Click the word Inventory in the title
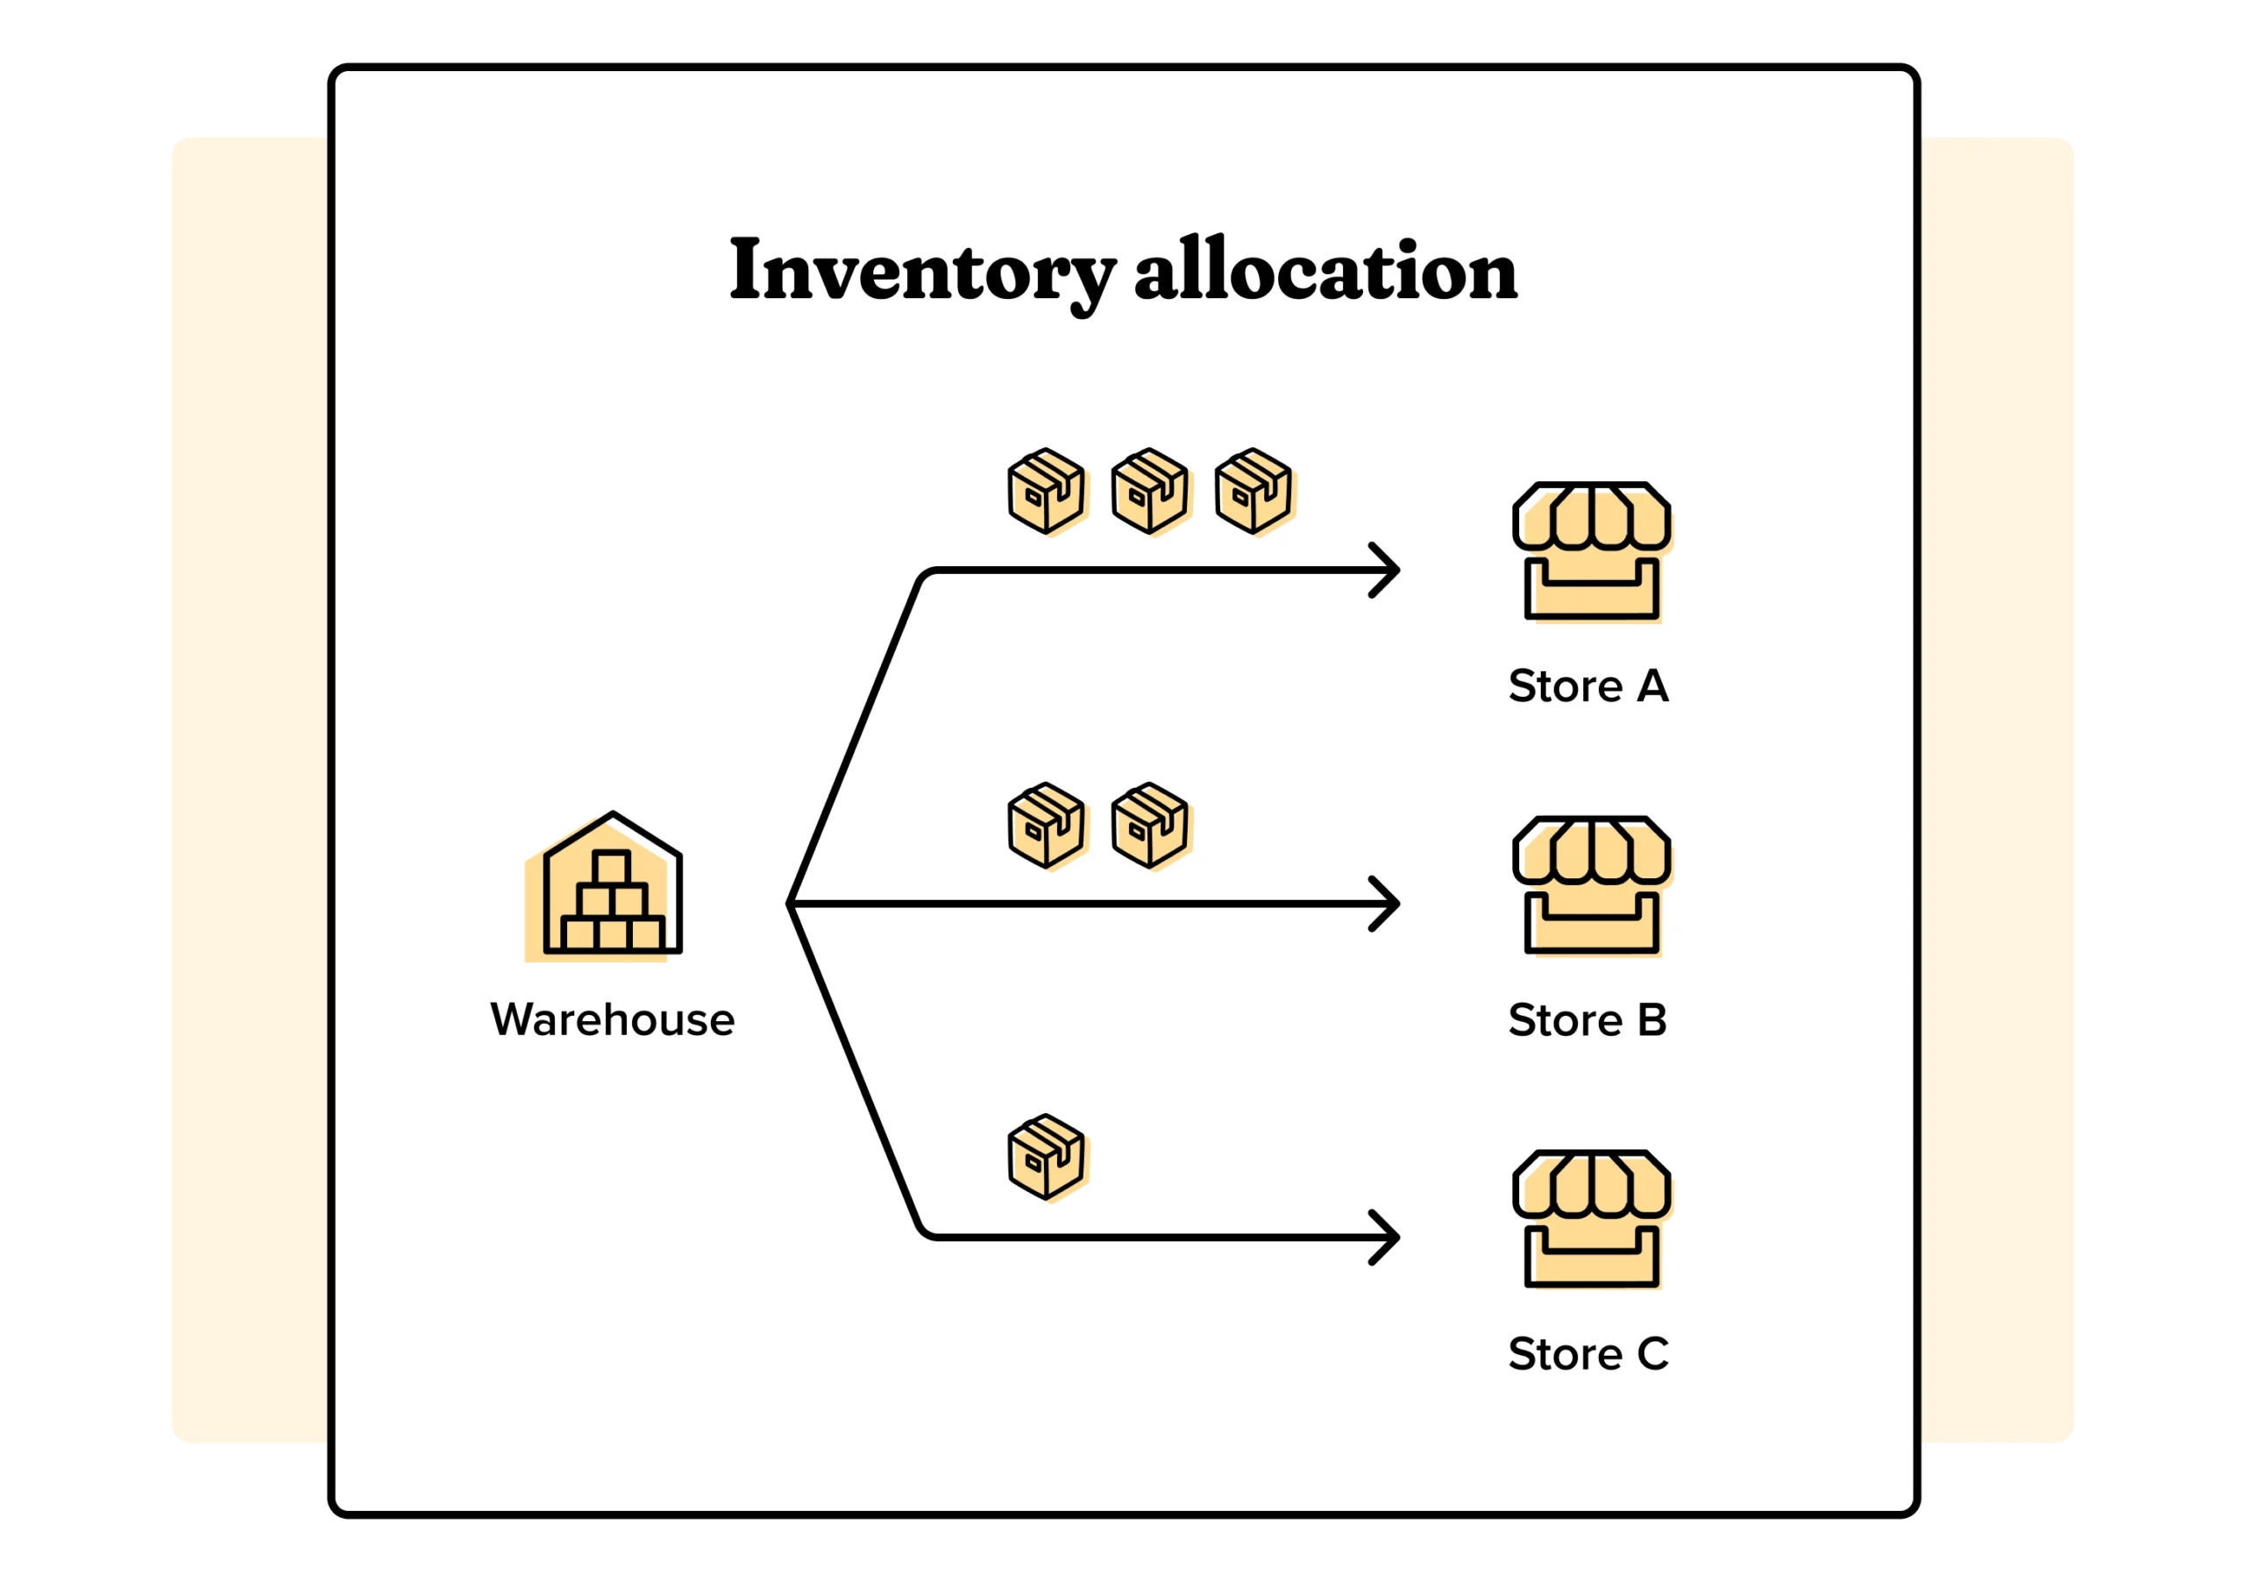pos(921,271)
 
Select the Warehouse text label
pos(612,1020)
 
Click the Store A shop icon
pos(1591,551)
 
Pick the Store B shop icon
pos(1591,885)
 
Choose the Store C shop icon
pos(1591,1219)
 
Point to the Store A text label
pos(1588,686)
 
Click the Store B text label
pos(1587,1020)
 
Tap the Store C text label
pos(1588,1354)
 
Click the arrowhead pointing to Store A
pos(1386,570)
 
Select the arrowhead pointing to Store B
pos(1386,904)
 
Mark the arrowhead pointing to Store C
pos(1386,1237)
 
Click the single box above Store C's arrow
pos(1047,1157)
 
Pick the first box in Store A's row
pos(1047,491)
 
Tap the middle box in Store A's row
pos(1150,491)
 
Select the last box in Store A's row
pos(1254,491)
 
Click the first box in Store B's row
pos(1047,825)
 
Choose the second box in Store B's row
pos(1150,825)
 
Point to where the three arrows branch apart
pos(791,904)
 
